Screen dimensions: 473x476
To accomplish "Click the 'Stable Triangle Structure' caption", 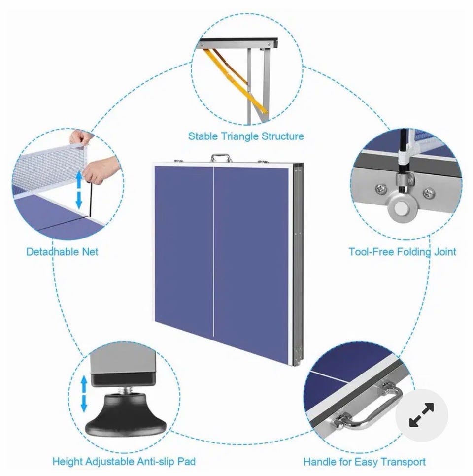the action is tap(246, 136).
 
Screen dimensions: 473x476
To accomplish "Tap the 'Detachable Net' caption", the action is tap(62, 252).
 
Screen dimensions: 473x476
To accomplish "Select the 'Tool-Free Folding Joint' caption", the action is tap(402, 252).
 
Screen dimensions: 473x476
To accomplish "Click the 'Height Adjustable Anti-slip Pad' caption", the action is tap(124, 462).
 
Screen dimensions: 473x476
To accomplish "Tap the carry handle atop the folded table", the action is tap(221, 158).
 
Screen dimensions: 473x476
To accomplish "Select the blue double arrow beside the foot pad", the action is tap(84, 394).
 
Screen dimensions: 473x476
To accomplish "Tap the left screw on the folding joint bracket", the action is tap(381, 189).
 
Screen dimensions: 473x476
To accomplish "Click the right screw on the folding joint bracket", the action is tap(428, 192).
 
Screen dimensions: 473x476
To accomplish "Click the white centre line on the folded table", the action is tap(214, 251).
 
